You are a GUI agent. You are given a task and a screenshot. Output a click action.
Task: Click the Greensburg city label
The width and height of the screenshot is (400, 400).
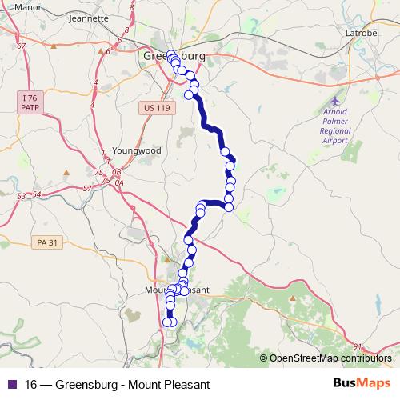click(174, 57)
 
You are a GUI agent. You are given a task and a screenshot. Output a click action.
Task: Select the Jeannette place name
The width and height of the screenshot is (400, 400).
click(89, 18)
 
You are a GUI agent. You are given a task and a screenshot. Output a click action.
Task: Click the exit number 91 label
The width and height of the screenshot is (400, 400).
click(357, 346)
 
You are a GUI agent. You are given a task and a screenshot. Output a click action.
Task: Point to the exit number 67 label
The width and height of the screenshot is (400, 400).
click(21, 46)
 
